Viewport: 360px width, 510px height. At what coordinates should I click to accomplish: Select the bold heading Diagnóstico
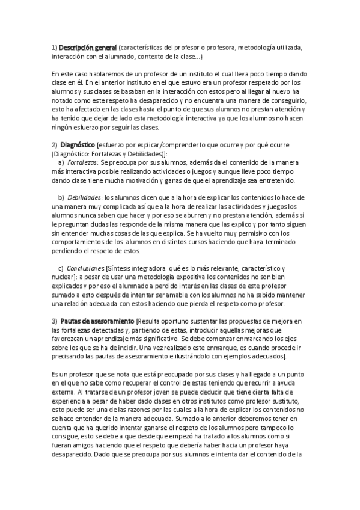(x=79, y=145)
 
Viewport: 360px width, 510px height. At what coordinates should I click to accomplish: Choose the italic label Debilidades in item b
(x=84, y=197)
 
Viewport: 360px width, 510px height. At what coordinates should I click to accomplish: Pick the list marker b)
(x=61, y=197)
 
